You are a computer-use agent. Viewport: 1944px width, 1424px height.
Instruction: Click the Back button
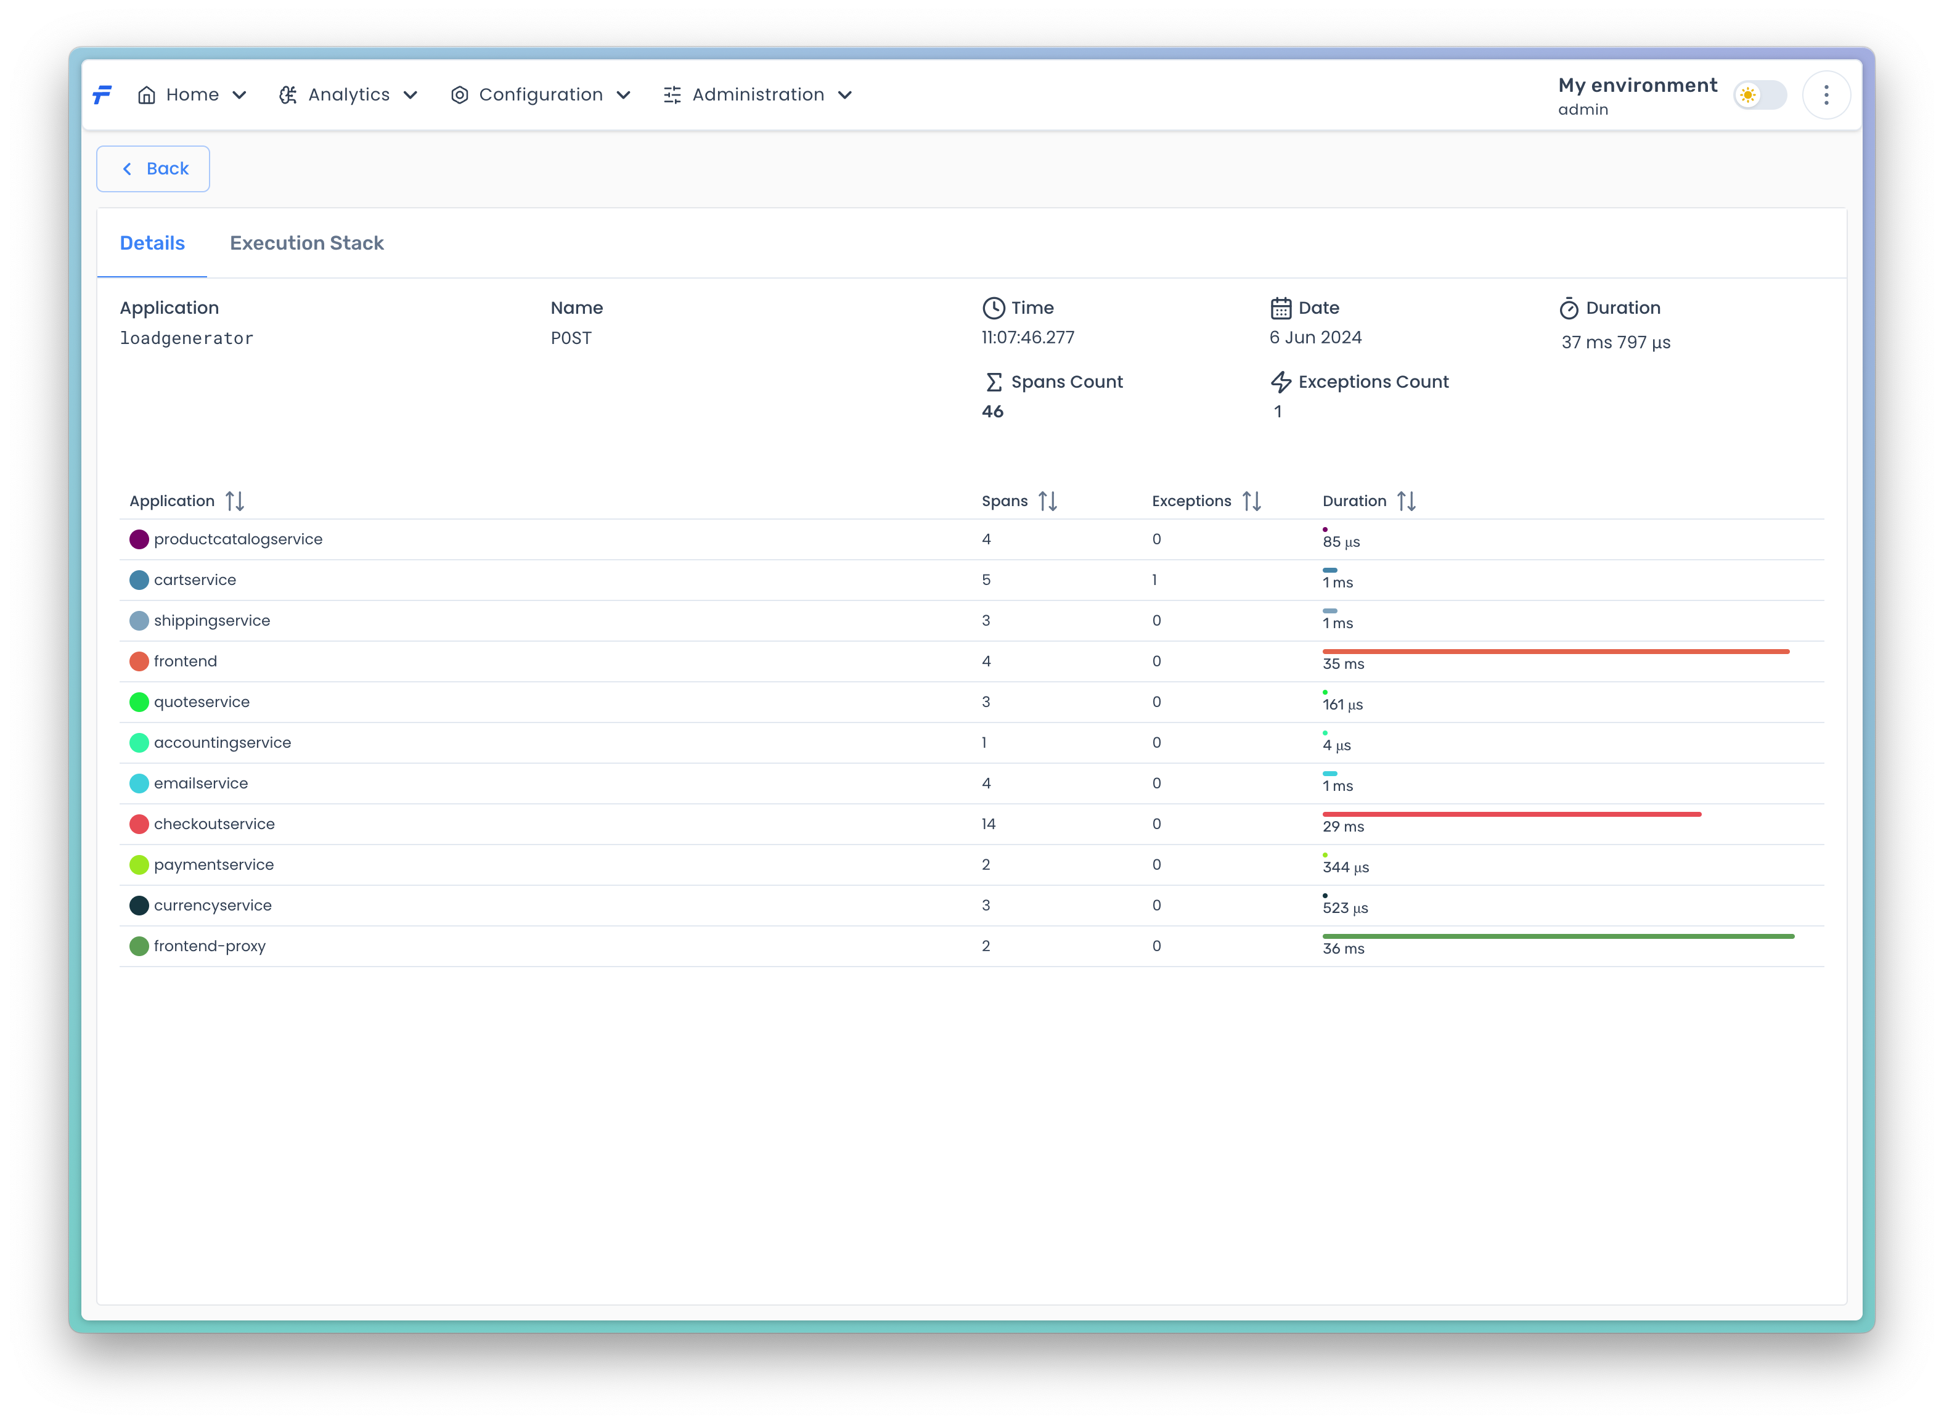(x=153, y=169)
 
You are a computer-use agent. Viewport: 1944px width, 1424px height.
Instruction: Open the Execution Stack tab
(x=307, y=243)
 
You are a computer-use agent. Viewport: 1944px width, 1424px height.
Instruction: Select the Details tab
(x=152, y=243)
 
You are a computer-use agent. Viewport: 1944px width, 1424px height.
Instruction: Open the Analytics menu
(x=348, y=95)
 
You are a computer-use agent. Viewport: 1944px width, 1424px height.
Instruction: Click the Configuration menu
(x=541, y=95)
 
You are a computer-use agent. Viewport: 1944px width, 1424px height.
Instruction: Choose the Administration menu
(x=758, y=95)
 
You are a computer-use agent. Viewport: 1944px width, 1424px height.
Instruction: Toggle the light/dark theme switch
(x=1760, y=95)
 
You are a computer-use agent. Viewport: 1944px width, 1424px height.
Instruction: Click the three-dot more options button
(x=1826, y=95)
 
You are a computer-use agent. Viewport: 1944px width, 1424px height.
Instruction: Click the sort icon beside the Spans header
(x=1048, y=501)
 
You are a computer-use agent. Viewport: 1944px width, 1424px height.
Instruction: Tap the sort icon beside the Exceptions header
(x=1251, y=501)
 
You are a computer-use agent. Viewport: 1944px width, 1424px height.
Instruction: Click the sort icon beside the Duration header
(x=1407, y=501)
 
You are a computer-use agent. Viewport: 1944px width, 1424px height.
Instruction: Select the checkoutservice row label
(x=214, y=824)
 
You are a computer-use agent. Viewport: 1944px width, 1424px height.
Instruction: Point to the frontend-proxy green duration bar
(x=1558, y=936)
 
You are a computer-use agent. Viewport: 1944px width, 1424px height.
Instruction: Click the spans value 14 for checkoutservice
(x=989, y=824)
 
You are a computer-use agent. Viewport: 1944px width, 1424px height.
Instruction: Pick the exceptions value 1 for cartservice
(x=1154, y=580)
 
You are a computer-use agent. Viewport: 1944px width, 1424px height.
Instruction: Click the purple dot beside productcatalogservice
(x=139, y=539)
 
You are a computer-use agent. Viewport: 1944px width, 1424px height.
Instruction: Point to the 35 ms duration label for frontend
(x=1344, y=664)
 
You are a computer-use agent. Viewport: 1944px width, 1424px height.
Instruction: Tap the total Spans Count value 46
(x=993, y=411)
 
